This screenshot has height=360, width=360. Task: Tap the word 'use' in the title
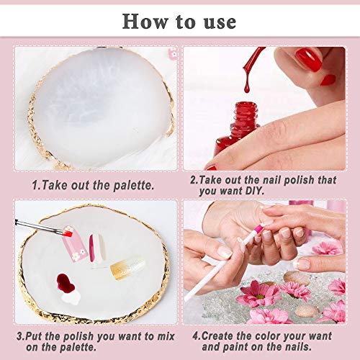tap(218, 20)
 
